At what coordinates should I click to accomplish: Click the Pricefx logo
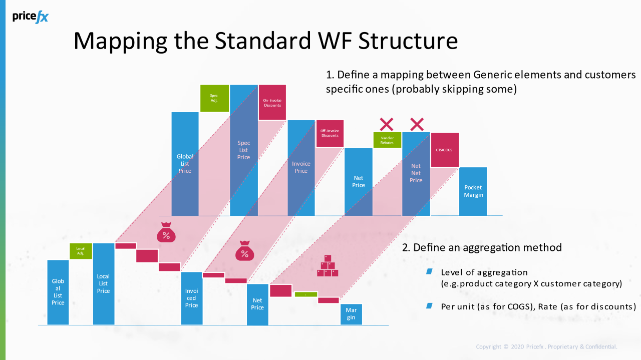coord(31,18)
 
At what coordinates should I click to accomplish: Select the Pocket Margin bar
coord(473,191)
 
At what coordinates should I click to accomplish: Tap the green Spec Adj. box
coord(214,98)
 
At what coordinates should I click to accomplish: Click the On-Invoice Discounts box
coord(272,103)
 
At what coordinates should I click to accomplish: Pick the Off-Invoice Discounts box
coord(330,133)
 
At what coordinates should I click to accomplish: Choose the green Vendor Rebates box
coord(387,140)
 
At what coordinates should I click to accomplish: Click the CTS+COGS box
coord(444,150)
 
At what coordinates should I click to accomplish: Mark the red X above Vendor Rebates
coord(387,124)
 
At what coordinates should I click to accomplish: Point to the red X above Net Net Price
coord(417,124)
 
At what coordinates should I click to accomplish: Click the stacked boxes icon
coord(328,266)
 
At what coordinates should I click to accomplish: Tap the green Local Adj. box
coord(80,251)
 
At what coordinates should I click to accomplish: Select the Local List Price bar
coord(104,283)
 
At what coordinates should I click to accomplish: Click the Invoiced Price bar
coord(191,298)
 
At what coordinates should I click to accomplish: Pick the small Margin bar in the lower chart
coord(351,314)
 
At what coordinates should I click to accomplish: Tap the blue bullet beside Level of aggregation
coord(429,272)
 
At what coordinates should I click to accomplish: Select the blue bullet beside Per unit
coord(429,305)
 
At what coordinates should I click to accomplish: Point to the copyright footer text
coord(546,346)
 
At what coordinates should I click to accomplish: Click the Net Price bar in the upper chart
coord(359,182)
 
